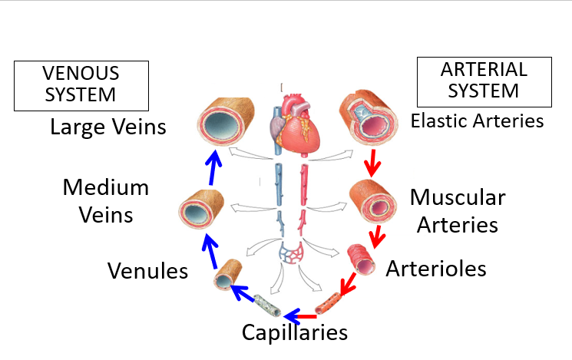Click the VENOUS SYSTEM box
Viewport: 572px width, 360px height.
(81, 84)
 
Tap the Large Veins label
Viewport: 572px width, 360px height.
(107, 127)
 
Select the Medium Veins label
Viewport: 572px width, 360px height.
(106, 200)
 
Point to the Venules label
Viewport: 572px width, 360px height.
(148, 270)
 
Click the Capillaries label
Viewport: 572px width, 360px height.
(295, 332)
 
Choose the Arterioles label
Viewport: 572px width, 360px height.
(436, 269)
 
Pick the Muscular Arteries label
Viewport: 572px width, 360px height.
(458, 210)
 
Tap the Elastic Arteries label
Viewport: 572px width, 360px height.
(477, 121)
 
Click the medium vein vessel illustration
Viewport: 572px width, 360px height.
(201, 210)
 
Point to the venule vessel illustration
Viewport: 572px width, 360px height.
(227, 274)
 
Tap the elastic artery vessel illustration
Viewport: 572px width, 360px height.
(371, 119)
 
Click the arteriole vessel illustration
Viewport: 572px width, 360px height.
(361, 259)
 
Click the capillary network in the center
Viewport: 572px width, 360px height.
(292, 253)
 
